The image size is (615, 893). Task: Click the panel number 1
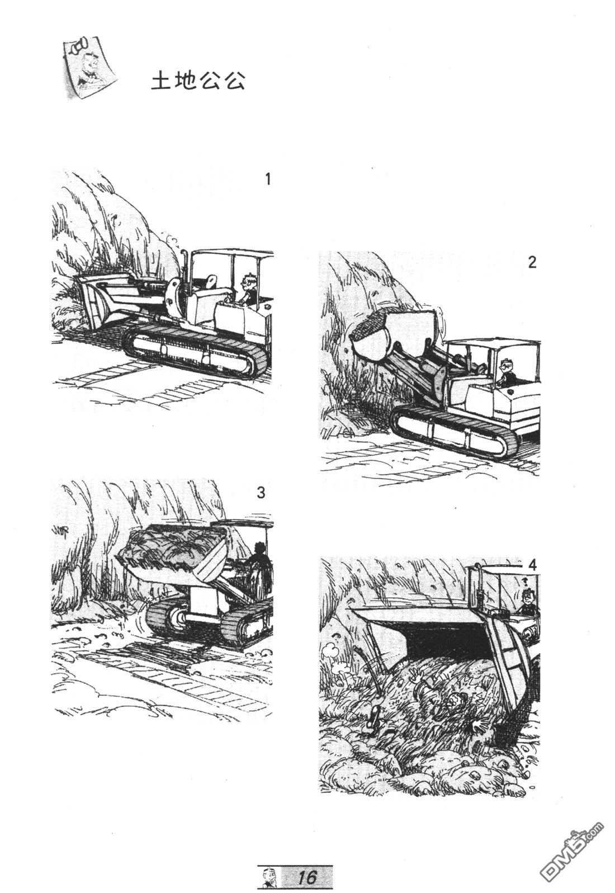[268, 179]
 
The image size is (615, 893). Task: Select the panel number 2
[532, 262]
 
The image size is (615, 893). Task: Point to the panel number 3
[261, 493]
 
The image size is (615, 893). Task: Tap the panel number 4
[532, 565]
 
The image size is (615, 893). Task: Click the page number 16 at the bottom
[307, 876]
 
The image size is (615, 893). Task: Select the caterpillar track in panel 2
[453, 431]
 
